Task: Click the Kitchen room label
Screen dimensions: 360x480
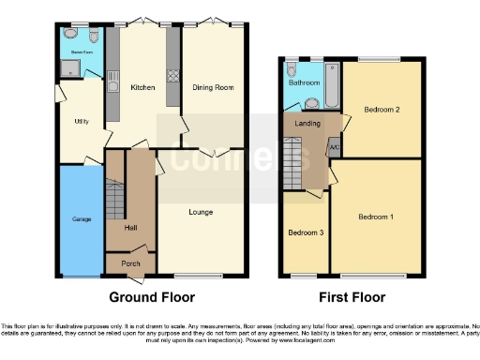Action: click(142, 87)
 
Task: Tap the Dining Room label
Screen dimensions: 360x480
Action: click(213, 87)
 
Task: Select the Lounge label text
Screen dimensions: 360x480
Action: click(201, 212)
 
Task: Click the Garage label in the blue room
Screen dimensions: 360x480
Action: click(82, 218)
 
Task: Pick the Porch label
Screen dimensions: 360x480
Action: click(131, 263)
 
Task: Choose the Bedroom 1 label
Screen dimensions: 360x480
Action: click(375, 217)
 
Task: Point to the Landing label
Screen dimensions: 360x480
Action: click(307, 122)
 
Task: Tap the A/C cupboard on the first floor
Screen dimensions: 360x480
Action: click(334, 147)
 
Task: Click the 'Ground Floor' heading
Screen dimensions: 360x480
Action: click(152, 297)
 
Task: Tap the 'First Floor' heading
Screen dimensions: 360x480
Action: click(352, 297)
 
